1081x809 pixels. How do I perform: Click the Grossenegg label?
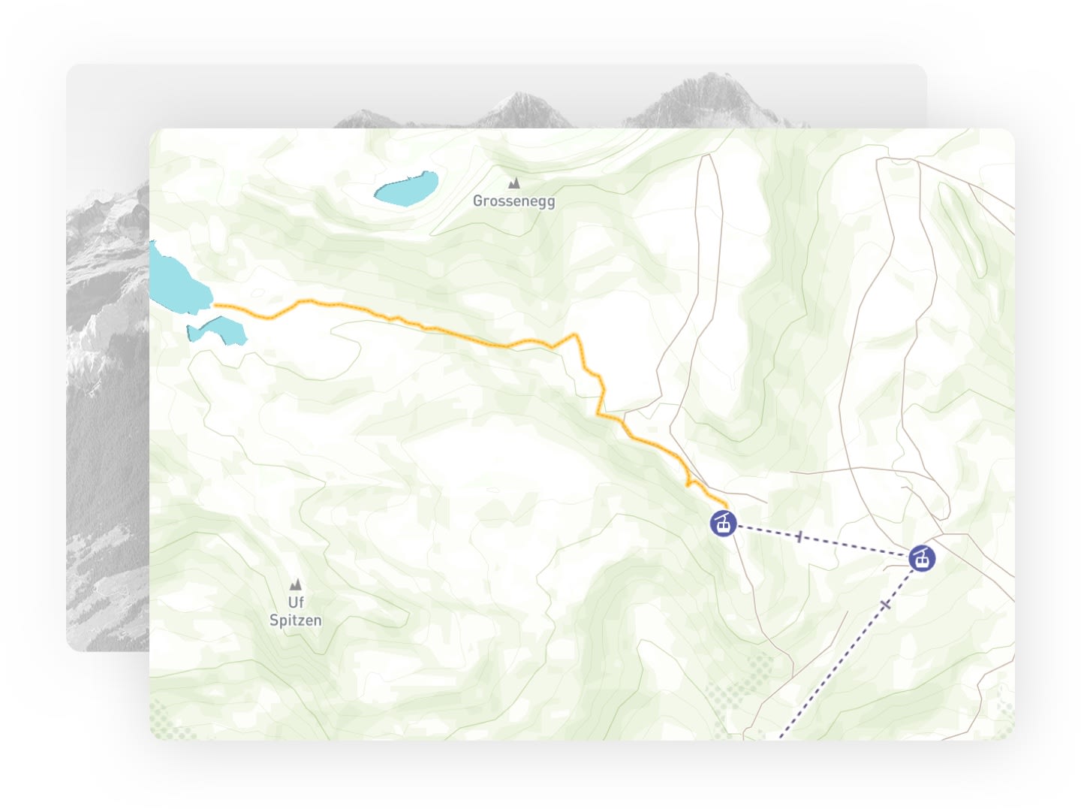click(x=513, y=201)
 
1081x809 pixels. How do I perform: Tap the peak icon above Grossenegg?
click(x=514, y=183)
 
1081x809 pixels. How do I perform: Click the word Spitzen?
click(x=295, y=620)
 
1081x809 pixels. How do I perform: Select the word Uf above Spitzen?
click(x=296, y=602)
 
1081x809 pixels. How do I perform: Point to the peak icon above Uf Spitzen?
click(x=296, y=584)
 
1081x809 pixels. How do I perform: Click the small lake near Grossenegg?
click(x=406, y=189)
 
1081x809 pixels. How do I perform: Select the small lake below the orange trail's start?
click(x=218, y=330)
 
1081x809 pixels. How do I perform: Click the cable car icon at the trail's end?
click(x=724, y=523)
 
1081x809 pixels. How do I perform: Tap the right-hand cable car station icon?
click(x=922, y=558)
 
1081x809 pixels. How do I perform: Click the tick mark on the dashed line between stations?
click(x=799, y=536)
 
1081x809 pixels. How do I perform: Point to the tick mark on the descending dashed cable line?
click(x=886, y=604)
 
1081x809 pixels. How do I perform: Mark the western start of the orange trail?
click(x=216, y=305)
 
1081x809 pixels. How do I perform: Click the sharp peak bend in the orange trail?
click(x=576, y=335)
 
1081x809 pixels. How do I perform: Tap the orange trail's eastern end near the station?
click(x=725, y=504)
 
